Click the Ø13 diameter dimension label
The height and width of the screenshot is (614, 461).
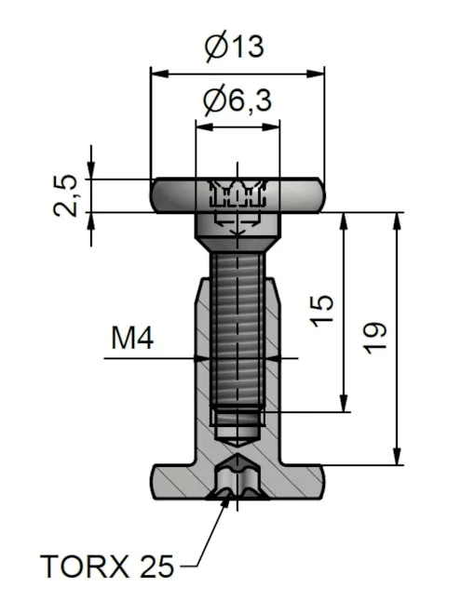pyautogui.click(x=235, y=47)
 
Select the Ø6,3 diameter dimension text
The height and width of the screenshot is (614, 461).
pyautogui.click(x=237, y=100)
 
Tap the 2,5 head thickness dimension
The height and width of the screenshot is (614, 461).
pyautogui.click(x=65, y=195)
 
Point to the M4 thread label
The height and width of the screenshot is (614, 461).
pyautogui.click(x=132, y=339)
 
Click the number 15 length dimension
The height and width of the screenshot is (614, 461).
pyautogui.click(x=321, y=311)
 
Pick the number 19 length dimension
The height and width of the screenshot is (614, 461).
pyautogui.click(x=374, y=338)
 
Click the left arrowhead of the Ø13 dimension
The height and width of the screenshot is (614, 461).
pyautogui.click(x=159, y=73)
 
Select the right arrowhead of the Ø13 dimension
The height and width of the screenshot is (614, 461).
pyautogui.click(x=316, y=73)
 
